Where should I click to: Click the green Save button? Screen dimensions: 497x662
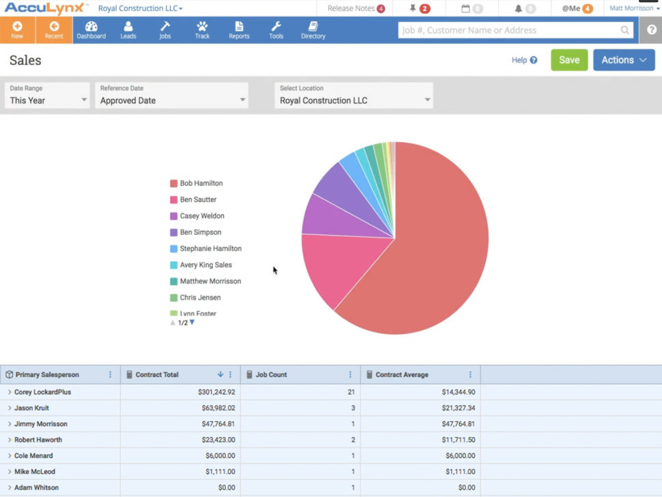[x=569, y=60]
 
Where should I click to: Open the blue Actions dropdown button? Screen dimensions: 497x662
[x=624, y=60]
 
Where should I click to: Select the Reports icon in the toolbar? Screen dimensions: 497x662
[x=239, y=30]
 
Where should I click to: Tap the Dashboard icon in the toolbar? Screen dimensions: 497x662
[x=91, y=30]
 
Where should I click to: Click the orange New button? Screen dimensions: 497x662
[x=17, y=30]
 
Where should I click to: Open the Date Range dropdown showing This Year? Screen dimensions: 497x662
[x=47, y=96]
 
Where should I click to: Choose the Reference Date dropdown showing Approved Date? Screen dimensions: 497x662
[x=171, y=96]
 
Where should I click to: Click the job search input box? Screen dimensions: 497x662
[x=508, y=30]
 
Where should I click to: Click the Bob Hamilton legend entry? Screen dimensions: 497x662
[x=201, y=184]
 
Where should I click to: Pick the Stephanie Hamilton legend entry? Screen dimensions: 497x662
[x=210, y=249]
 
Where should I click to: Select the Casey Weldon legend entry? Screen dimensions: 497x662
[x=201, y=216]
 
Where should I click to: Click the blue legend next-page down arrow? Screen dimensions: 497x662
[x=192, y=322]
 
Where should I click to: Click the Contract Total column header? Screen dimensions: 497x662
[x=157, y=375]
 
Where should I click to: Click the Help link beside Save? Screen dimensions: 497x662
[x=524, y=60]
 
